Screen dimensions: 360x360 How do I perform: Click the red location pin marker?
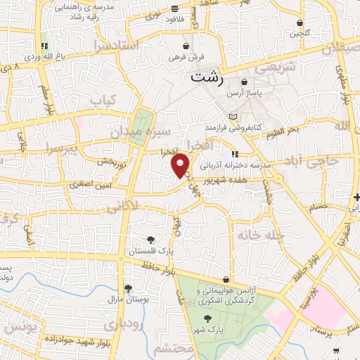(x=181, y=165)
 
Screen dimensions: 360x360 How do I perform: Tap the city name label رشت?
(x=206, y=78)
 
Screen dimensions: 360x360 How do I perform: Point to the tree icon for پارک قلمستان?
(x=150, y=239)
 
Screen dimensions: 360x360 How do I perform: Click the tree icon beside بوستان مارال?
(x=128, y=288)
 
